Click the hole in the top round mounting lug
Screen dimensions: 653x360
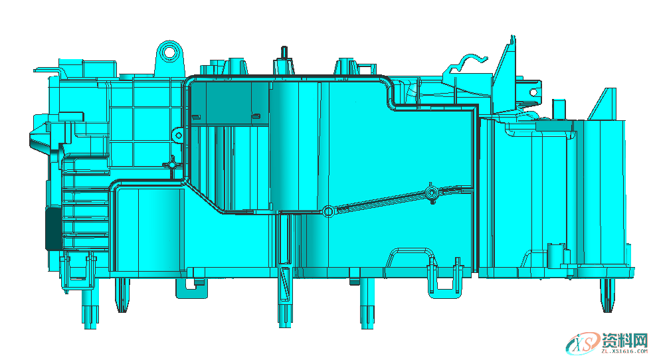point(169,52)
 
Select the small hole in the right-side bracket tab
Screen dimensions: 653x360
point(533,92)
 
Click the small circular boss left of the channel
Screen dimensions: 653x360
point(178,135)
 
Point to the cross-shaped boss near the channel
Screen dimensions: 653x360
point(171,165)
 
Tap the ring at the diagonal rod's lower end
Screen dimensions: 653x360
point(328,211)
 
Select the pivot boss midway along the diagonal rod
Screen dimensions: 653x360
point(431,193)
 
